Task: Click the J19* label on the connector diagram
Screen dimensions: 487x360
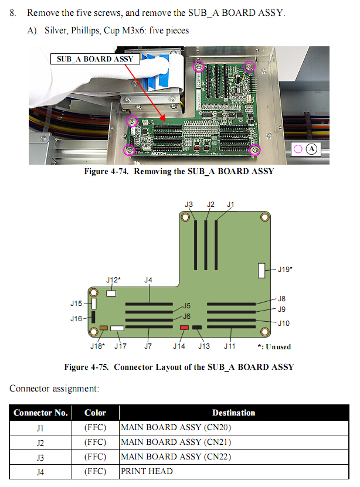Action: [284, 269]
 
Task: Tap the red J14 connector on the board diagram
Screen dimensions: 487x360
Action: [184, 328]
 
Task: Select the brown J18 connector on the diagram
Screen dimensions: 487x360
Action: [104, 329]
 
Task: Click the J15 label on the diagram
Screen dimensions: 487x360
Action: [76, 304]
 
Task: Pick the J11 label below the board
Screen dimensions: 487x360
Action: [229, 346]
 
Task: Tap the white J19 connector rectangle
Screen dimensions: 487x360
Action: [261, 270]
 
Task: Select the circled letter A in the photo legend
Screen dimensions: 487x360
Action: [311, 149]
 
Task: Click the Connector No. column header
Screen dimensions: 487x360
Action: [40, 413]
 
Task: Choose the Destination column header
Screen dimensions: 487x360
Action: [233, 413]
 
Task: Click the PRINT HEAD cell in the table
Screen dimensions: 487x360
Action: [147, 471]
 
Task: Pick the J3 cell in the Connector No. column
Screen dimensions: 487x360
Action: [40, 457]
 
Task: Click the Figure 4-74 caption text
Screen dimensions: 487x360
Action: [179, 172]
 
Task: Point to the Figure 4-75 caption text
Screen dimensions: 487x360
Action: [179, 367]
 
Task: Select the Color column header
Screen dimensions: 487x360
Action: [95, 413]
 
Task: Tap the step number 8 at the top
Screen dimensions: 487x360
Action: [13, 12]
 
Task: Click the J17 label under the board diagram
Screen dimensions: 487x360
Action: [120, 346]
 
